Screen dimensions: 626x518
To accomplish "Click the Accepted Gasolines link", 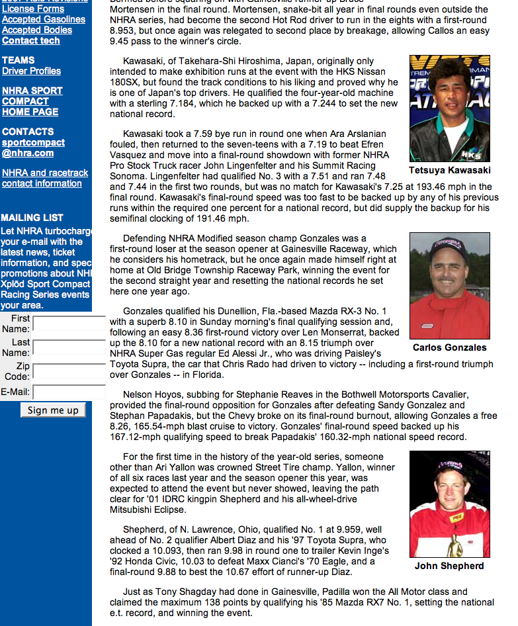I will [43, 19].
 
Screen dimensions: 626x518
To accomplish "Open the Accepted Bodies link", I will [36, 30].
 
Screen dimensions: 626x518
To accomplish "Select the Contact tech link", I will [30, 40].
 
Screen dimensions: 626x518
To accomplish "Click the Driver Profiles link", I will [31, 71].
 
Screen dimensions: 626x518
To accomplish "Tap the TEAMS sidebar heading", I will [19, 60].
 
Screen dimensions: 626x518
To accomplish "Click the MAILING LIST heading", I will [32, 218].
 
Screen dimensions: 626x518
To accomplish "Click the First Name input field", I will [69, 324].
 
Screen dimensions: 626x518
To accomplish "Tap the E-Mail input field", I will [69, 392].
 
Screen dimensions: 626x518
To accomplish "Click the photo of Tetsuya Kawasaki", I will [449, 109].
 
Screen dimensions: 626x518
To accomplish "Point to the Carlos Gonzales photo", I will [449, 285].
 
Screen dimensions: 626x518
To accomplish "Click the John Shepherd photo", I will [449, 504].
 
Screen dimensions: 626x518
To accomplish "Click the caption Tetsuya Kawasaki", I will [449, 171].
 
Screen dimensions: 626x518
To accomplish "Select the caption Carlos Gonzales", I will [449, 347].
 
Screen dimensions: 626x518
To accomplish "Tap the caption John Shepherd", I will [449, 566].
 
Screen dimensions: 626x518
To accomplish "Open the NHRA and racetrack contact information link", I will [44, 178].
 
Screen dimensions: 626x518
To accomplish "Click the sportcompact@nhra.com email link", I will [33, 148].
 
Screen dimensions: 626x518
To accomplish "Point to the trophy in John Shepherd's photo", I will [456, 544].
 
